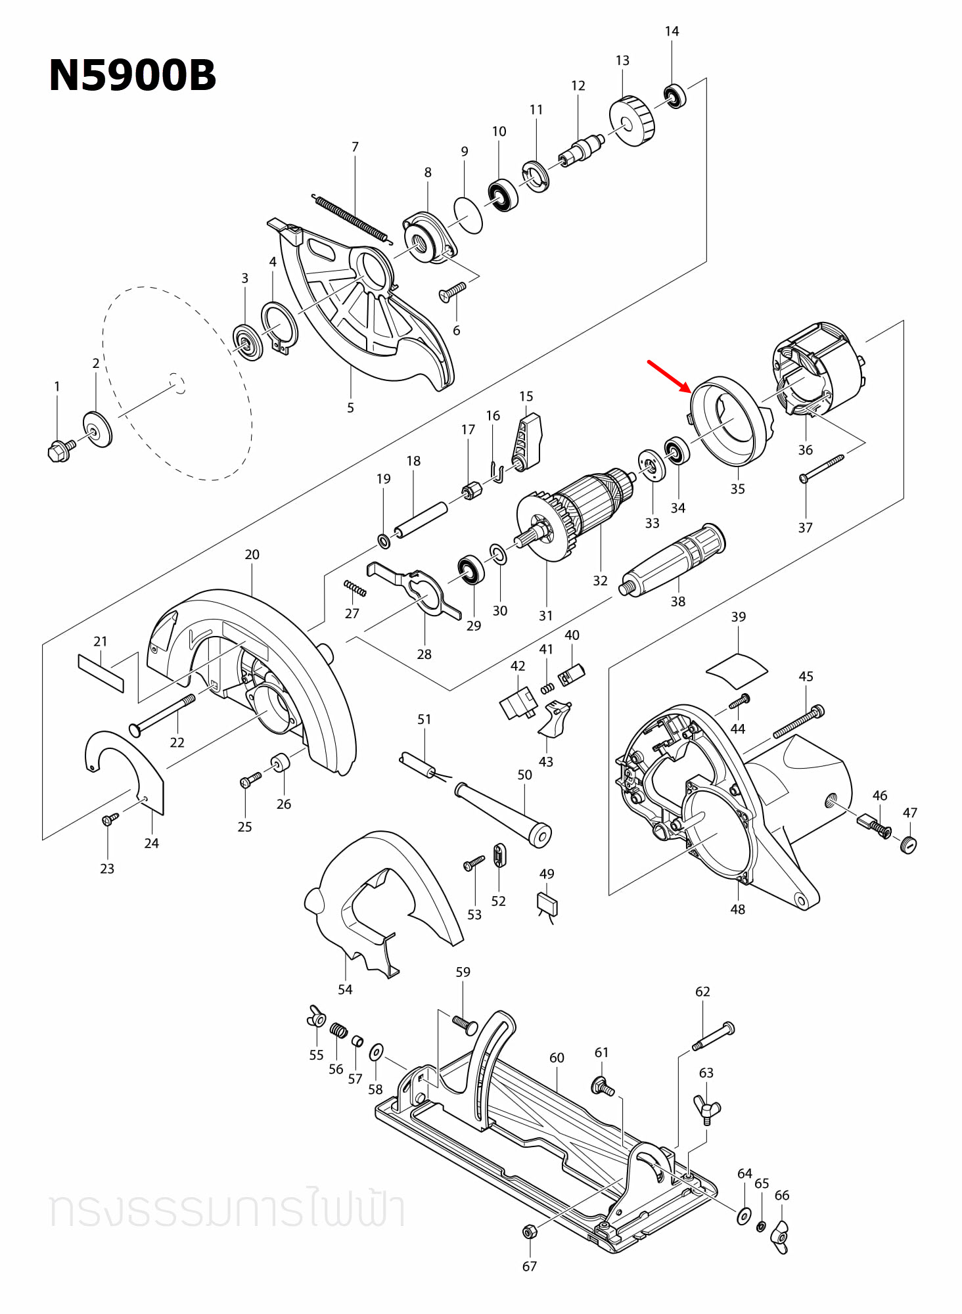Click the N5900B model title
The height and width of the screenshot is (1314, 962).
coord(132,76)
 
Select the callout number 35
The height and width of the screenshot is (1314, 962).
coord(737,489)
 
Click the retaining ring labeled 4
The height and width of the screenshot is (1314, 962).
coord(279,327)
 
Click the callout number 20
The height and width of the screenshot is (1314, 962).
coord(252,555)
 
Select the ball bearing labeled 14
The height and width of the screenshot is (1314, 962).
coord(674,97)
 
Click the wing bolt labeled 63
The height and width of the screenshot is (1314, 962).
coord(707,1110)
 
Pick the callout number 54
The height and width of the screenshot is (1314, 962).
coord(345,989)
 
